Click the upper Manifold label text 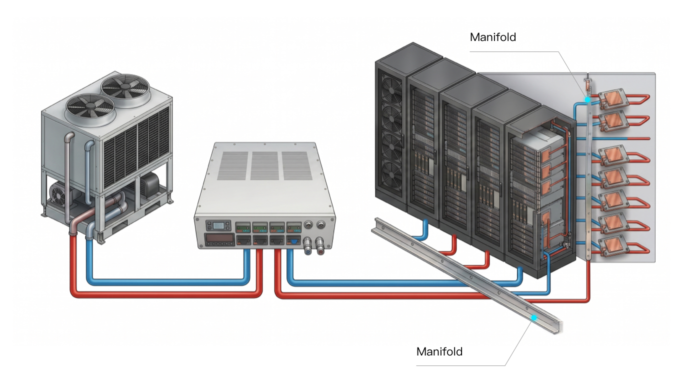pyautogui.click(x=492, y=37)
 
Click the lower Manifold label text pyautogui.click(x=439, y=351)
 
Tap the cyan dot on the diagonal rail pyautogui.click(x=534, y=317)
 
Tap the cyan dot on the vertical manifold pyautogui.click(x=588, y=100)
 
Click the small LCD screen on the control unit pyautogui.click(x=219, y=225)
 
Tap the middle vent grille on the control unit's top pyautogui.click(x=265, y=166)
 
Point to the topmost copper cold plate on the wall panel pyautogui.click(x=612, y=99)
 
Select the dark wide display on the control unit pyautogui.click(x=220, y=238)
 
